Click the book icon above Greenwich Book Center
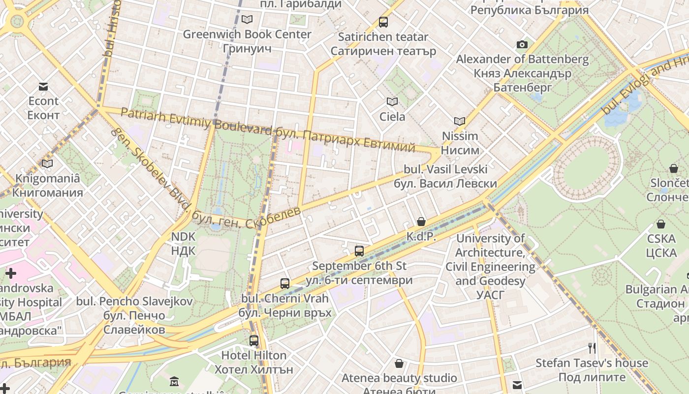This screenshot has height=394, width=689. click(x=247, y=20)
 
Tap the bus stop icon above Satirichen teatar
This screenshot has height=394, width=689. click(x=383, y=22)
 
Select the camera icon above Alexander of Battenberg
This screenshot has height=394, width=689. click(x=522, y=45)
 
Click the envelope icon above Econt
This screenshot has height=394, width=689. click(x=43, y=87)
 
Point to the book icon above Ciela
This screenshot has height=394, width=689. click(x=392, y=102)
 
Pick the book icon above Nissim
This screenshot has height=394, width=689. click(x=460, y=121)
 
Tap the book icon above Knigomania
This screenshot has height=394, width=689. click(x=47, y=164)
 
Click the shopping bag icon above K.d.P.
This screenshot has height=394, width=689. click(x=421, y=222)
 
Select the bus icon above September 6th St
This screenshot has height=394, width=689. click(x=359, y=251)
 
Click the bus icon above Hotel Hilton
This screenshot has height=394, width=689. click(x=254, y=340)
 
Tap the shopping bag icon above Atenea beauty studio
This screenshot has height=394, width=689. click(x=399, y=364)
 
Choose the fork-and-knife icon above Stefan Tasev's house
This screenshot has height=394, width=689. click(x=592, y=348)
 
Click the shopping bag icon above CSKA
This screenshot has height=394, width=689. click(x=661, y=224)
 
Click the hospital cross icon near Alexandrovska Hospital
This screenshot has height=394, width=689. click(x=11, y=273)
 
